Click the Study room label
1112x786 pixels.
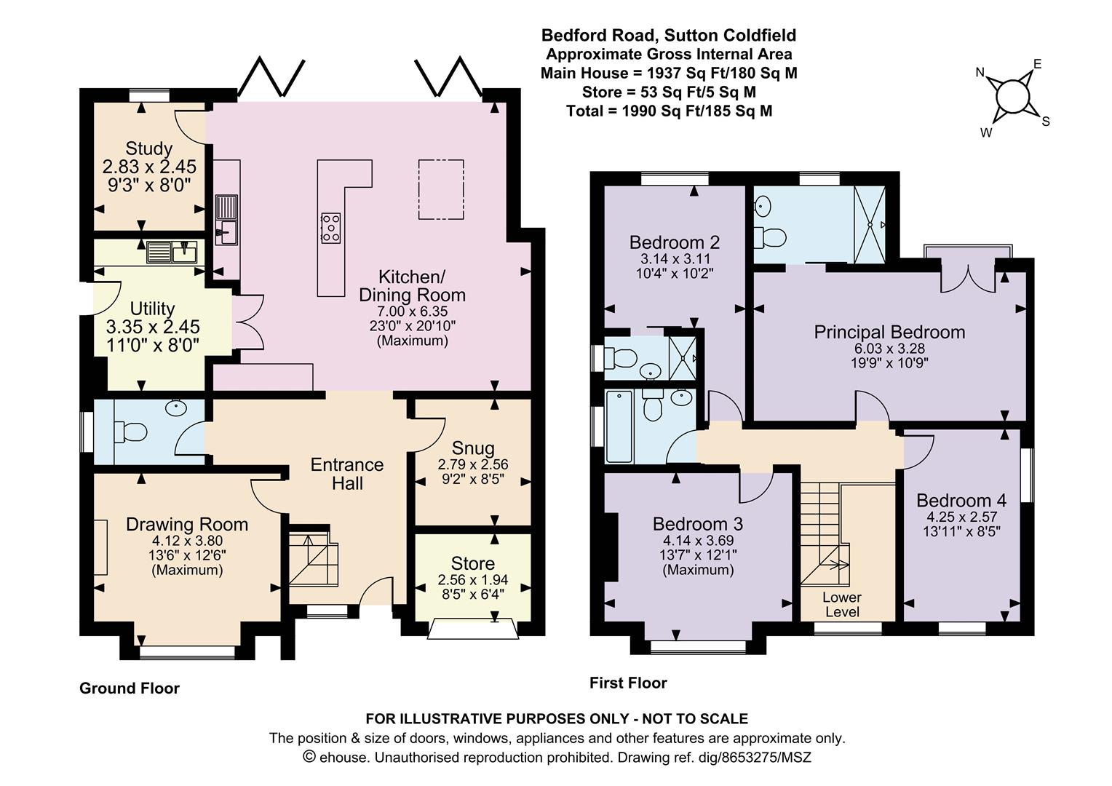(149, 148)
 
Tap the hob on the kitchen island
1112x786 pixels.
(330, 228)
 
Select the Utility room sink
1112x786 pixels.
(172, 252)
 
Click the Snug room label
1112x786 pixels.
(473, 448)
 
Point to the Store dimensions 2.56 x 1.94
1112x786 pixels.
(473, 579)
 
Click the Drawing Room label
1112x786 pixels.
(187, 524)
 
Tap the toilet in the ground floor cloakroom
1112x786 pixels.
(130, 432)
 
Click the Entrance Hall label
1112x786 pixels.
(347, 474)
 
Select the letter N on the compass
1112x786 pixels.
(980, 73)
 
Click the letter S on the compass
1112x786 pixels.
(1046, 122)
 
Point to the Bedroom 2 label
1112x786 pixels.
(675, 242)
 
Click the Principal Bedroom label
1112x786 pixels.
(889, 332)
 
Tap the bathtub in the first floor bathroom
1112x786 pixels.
(619, 426)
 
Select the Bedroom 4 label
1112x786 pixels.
(961, 500)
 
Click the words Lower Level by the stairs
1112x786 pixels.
(842, 604)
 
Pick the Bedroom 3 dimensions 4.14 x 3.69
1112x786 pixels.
(698, 540)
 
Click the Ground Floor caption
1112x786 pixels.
(130, 688)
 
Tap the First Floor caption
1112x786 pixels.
(628, 683)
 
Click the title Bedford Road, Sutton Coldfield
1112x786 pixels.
(670, 35)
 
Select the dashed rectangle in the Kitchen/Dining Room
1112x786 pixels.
(441, 189)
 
